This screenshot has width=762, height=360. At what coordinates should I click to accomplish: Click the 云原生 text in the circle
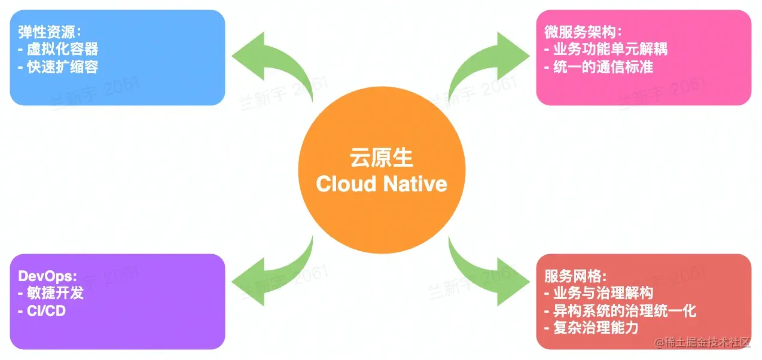[381, 158]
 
